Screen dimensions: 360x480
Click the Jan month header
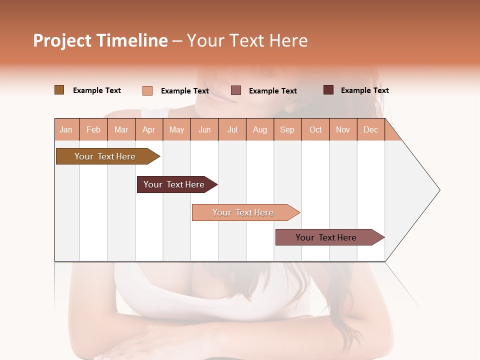point(66,129)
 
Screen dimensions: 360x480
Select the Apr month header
point(148,129)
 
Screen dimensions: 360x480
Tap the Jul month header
point(232,129)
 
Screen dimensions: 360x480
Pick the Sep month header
point(287,129)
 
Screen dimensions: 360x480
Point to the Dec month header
point(370,129)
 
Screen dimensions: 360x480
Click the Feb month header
point(93,129)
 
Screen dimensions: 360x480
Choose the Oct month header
point(315,129)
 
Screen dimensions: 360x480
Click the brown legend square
point(59,90)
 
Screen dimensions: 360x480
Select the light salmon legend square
point(147,90)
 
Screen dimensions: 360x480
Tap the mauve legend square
point(236,90)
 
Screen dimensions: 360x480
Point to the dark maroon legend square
point(328,90)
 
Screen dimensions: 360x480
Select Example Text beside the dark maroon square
point(364,90)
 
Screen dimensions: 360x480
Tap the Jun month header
point(204,129)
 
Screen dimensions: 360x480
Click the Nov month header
point(343,129)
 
